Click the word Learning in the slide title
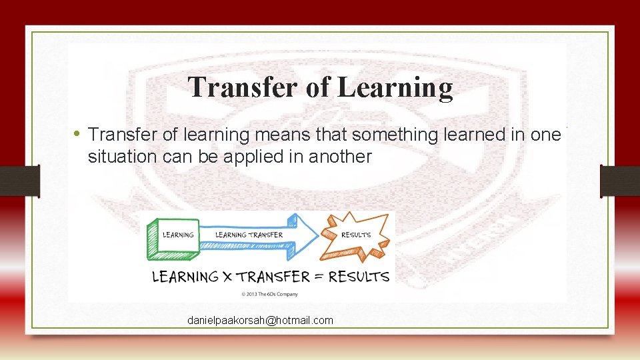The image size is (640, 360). (395, 88)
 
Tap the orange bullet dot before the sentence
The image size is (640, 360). (79, 134)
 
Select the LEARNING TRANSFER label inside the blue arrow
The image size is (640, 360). (249, 235)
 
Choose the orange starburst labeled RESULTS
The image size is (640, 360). (355, 235)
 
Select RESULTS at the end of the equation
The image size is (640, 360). (359, 277)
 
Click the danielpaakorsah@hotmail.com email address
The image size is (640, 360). (260, 321)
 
